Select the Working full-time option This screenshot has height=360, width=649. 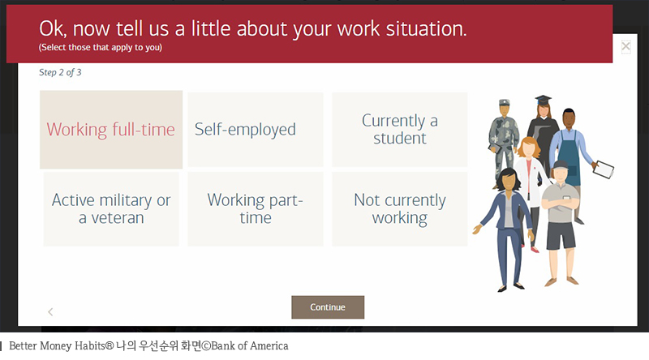point(111,130)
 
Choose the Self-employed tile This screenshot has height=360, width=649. point(255,130)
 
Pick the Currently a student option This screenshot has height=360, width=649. point(399,130)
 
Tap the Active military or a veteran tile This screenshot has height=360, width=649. point(111,208)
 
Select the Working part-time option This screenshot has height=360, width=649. point(255,208)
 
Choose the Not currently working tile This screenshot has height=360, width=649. point(399,208)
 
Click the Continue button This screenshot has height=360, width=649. point(327,307)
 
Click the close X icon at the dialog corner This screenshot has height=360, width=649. point(625,46)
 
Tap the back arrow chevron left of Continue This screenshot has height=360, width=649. point(50,311)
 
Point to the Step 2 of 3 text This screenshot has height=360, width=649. point(60,72)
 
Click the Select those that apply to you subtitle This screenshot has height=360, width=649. point(100,48)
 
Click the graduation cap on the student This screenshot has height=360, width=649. point(543,101)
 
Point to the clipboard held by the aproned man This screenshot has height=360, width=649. point(604,169)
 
